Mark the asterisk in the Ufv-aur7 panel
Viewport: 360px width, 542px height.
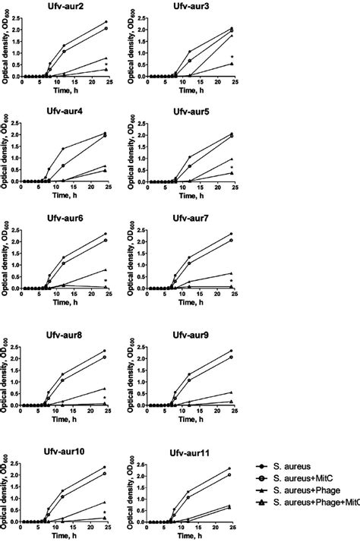point(232,281)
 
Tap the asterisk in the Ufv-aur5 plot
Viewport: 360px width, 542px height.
point(232,168)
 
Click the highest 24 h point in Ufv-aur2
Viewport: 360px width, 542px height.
point(106,22)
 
